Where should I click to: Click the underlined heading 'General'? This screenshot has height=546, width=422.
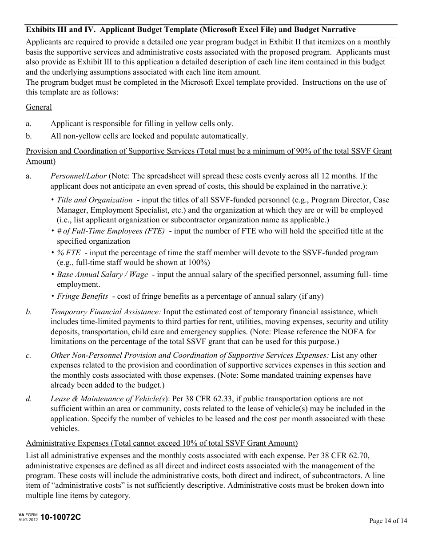tap(39, 107)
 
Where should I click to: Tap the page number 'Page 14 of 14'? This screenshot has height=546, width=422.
tap(388, 521)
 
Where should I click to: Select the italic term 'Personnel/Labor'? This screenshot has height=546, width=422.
tap(79, 176)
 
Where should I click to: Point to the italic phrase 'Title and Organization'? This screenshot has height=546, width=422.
tap(95, 200)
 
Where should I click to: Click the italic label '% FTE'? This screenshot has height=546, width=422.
tap(69, 253)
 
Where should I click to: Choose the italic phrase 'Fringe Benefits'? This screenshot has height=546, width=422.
tap(82, 296)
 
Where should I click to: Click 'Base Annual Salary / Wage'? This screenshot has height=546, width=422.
tap(102, 274)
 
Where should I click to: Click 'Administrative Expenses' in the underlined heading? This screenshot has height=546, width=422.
tap(67, 443)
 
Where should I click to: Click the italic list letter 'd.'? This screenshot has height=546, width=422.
tap(29, 399)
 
